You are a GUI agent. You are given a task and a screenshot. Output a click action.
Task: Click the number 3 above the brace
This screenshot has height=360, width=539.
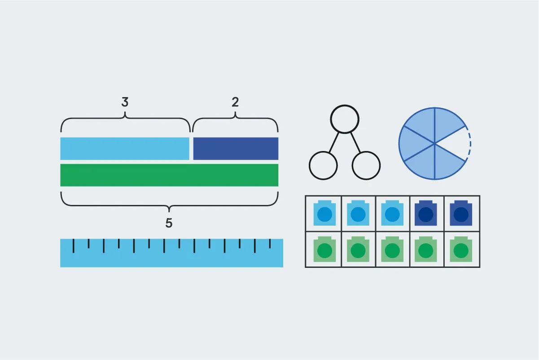(x=125, y=102)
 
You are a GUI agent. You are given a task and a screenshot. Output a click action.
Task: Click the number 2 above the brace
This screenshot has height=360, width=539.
(x=235, y=102)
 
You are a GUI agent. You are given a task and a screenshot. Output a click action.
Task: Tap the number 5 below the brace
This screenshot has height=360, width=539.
(x=169, y=223)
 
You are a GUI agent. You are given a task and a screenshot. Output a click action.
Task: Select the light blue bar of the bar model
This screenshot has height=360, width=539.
(x=125, y=149)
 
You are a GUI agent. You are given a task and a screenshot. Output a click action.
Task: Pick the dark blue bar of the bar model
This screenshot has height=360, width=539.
(x=236, y=149)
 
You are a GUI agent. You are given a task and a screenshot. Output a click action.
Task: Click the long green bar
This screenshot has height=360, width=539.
(x=169, y=175)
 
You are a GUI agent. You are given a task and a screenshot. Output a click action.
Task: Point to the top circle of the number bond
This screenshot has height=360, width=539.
(x=345, y=119)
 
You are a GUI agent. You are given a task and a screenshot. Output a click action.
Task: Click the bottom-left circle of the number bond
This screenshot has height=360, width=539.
(x=323, y=165)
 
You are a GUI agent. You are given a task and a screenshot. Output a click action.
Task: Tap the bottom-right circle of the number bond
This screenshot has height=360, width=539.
(x=366, y=165)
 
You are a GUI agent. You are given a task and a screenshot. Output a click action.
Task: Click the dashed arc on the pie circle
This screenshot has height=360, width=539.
(x=469, y=143)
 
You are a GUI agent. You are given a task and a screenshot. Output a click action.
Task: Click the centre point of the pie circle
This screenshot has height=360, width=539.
(x=434, y=143)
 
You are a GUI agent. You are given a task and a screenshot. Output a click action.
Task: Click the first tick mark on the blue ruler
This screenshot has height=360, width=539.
(x=74, y=245)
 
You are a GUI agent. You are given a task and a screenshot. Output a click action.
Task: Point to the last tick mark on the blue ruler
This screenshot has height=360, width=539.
(x=270, y=243)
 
